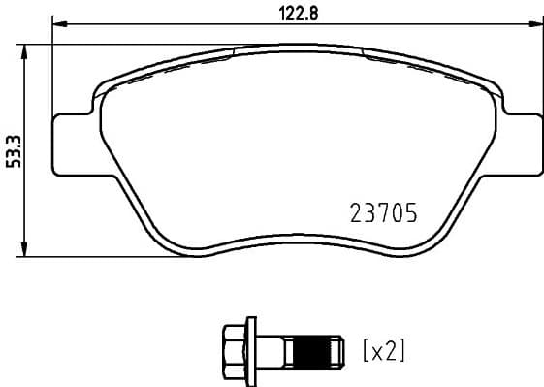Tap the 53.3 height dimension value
13,151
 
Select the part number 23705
382,212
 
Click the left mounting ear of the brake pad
72,143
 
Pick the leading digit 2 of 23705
354,212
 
